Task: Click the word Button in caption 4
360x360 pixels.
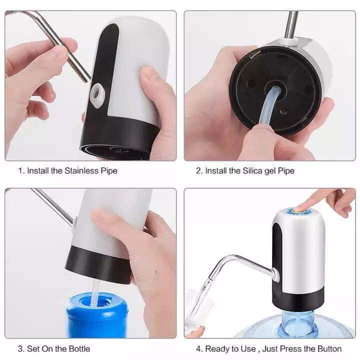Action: (x=329, y=348)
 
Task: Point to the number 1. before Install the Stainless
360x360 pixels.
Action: (x=21, y=171)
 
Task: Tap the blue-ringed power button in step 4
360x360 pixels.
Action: (x=300, y=212)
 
